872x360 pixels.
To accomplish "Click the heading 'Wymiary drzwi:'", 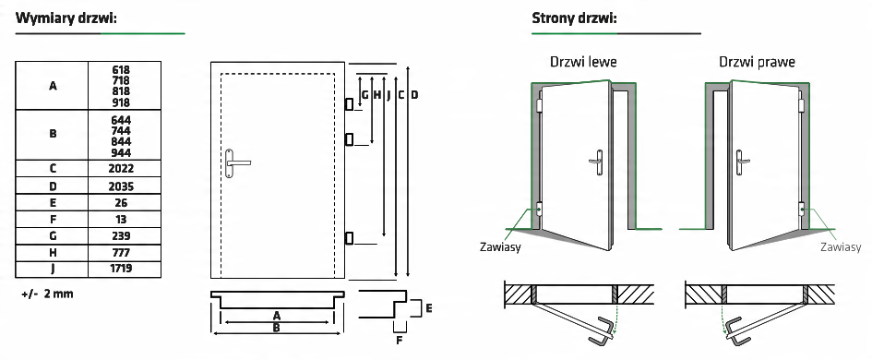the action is pyautogui.click(x=66, y=18).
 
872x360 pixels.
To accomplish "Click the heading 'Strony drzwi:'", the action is pyautogui.click(x=575, y=18).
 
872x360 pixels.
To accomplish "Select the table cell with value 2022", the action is pyautogui.click(x=125, y=169).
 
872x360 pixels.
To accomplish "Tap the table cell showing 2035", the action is pyautogui.click(x=125, y=186).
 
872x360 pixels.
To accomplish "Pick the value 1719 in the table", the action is pyautogui.click(x=121, y=269).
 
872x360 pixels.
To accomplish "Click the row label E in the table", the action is pyautogui.click(x=53, y=202).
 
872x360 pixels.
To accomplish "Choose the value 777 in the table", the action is pyautogui.click(x=121, y=253).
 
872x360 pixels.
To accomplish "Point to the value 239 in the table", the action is pyautogui.click(x=121, y=236).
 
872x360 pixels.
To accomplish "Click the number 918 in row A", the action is pyautogui.click(x=121, y=102).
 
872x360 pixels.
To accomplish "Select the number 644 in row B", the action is pyautogui.click(x=121, y=120).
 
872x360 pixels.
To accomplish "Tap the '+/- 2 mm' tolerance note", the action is pyautogui.click(x=47, y=294).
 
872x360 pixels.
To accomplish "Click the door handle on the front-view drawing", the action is pyautogui.click(x=236, y=163).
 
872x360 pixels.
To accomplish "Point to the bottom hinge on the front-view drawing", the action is pyautogui.click(x=349, y=238).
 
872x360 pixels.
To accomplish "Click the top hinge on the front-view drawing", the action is pyautogui.click(x=349, y=104).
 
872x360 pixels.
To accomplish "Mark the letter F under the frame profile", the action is pyautogui.click(x=399, y=341).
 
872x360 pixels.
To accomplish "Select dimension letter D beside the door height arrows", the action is pyautogui.click(x=414, y=95).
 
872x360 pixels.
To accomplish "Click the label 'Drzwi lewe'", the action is pyautogui.click(x=583, y=61).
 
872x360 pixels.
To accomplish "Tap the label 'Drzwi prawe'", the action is pyautogui.click(x=757, y=61).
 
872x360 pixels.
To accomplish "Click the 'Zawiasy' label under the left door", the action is pyautogui.click(x=500, y=246).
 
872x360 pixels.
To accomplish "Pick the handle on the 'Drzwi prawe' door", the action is pyautogui.click(x=741, y=162).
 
